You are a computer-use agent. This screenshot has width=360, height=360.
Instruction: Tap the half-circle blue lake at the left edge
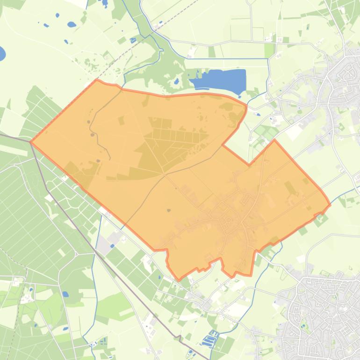pyautogui.click(x=2, y=54)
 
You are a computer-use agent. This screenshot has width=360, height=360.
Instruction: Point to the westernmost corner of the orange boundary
pyautogui.click(x=31, y=142)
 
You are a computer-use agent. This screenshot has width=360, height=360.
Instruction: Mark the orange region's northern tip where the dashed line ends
pyautogui.click(x=97, y=80)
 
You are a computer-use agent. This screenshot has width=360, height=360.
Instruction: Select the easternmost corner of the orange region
pyautogui.click(x=330, y=204)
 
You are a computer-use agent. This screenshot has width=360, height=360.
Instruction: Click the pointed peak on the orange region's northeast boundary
pyautogui.click(x=274, y=140)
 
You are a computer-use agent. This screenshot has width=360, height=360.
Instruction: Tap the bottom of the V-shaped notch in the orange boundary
pyautogui.click(x=249, y=165)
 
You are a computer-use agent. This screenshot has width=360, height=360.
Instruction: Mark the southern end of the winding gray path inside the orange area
pyautogui.click(x=110, y=159)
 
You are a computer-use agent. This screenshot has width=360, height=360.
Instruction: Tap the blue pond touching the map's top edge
pyautogui.click(x=105, y=2)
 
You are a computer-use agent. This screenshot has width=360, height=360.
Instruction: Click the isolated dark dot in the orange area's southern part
pyautogui.click(x=168, y=210)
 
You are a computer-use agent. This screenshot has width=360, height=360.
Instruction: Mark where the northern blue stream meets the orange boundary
pyautogui.click(x=123, y=87)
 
